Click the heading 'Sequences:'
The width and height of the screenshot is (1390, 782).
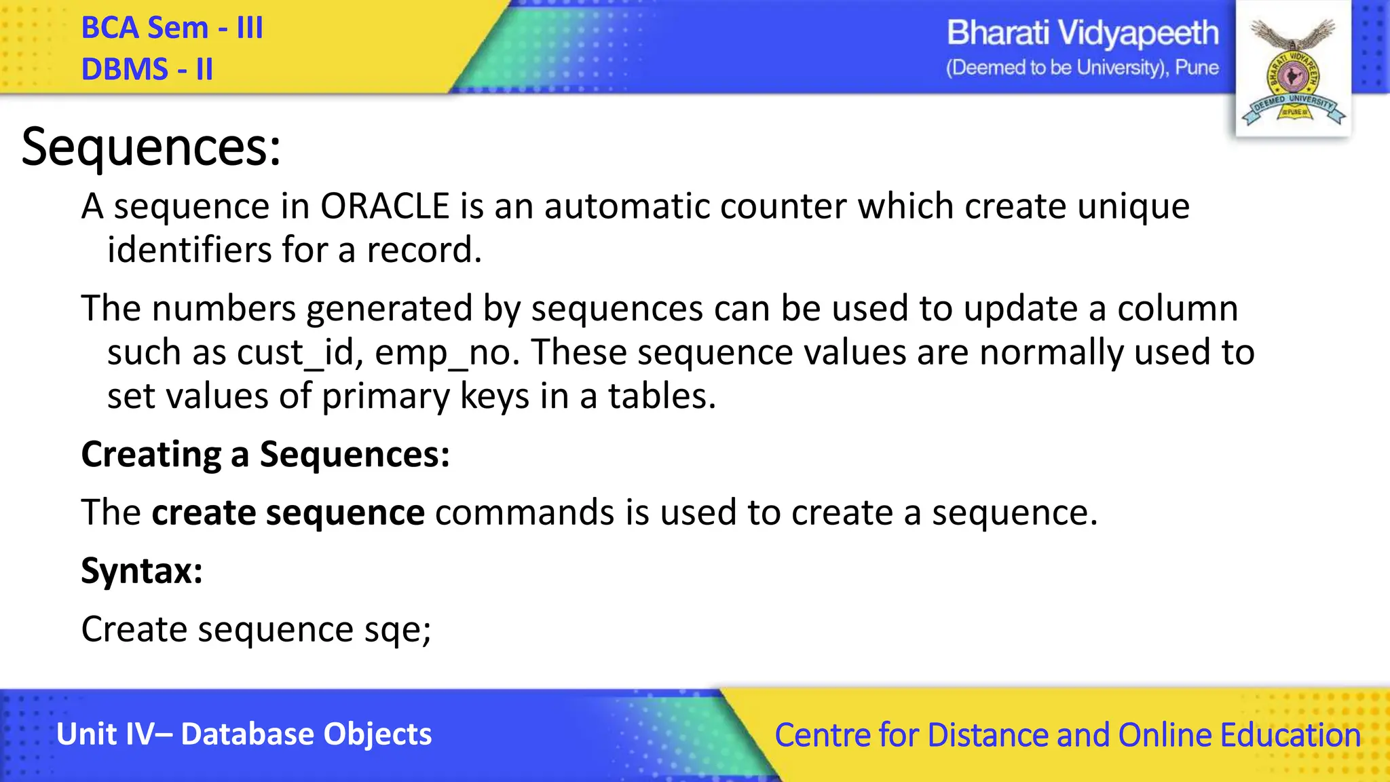(151, 147)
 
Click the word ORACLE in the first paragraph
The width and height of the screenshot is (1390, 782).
(385, 206)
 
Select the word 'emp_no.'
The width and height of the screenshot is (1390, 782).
(447, 352)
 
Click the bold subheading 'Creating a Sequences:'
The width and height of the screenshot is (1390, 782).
(265, 454)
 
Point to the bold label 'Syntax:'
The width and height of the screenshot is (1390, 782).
(142, 570)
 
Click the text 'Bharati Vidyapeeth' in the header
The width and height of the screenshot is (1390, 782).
(1082, 33)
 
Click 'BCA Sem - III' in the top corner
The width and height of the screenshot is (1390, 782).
(172, 28)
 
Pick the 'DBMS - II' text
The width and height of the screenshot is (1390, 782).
(147, 69)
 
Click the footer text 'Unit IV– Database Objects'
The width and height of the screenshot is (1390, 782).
(244, 734)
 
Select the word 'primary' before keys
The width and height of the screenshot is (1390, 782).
(385, 396)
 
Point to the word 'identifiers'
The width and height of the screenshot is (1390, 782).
(189, 250)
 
